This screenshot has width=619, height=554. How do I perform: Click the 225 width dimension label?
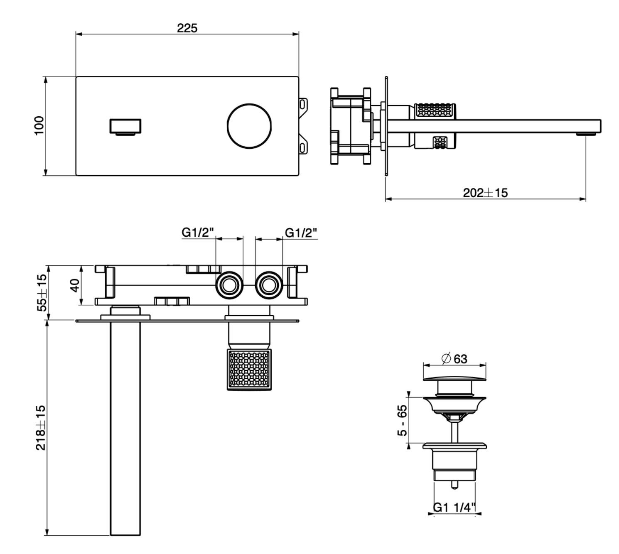[187, 28]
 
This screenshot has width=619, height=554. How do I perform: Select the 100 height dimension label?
[39, 125]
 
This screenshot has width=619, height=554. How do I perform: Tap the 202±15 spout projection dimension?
[485, 193]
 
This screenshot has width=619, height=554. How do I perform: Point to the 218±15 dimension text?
[41, 427]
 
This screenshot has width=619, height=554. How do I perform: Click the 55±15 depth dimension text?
[42, 292]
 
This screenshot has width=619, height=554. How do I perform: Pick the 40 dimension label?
[75, 285]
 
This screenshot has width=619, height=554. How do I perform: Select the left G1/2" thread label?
[198, 233]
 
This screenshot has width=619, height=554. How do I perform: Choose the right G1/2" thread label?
[301, 233]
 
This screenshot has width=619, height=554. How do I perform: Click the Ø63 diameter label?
[454, 358]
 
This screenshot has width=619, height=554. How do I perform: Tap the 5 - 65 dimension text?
[402, 421]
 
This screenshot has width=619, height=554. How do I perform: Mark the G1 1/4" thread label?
[454, 507]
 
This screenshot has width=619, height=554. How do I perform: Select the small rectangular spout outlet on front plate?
[125, 127]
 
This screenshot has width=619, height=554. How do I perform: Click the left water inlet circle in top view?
[228, 285]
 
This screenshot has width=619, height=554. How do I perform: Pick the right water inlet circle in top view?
[269, 285]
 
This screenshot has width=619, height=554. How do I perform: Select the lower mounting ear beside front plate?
[303, 146]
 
